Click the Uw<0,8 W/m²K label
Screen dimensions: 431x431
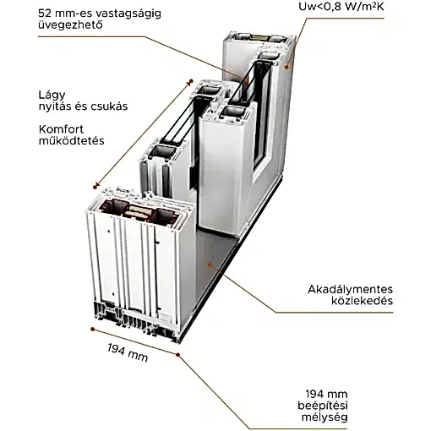(x=341, y=7)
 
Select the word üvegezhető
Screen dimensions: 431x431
(x=70, y=25)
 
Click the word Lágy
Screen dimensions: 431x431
(x=52, y=95)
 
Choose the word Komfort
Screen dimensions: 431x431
(x=61, y=129)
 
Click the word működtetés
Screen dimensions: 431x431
(x=72, y=141)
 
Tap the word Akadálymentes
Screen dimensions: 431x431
(x=350, y=290)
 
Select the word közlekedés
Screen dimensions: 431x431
(x=362, y=301)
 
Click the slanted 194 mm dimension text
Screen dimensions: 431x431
(x=128, y=352)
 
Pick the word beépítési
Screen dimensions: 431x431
(x=323, y=406)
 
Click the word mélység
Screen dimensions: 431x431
(x=325, y=417)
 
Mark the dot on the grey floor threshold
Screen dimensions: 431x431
(x=210, y=265)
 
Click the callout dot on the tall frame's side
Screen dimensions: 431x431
(x=286, y=67)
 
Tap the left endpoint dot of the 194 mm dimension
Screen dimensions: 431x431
(x=92, y=329)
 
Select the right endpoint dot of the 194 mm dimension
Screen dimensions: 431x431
(x=177, y=354)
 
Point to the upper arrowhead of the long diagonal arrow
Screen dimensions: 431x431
(x=190, y=81)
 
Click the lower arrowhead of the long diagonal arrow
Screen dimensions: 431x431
(x=95, y=186)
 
